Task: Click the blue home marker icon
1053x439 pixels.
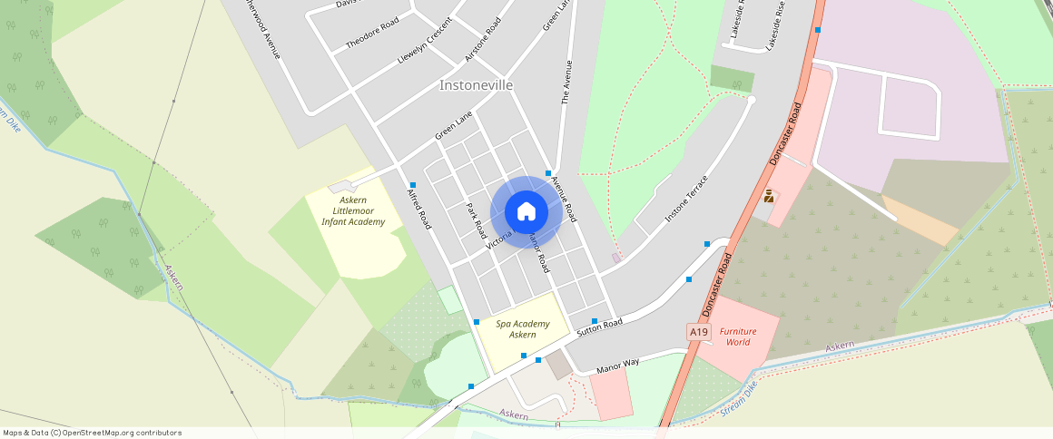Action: tap(526, 212)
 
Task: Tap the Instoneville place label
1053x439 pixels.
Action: tap(476, 85)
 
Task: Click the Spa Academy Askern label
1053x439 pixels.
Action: tap(523, 329)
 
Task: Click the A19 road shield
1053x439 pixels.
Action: tap(698, 333)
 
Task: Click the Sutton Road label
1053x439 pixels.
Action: tap(600, 328)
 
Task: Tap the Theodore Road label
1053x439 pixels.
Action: tap(372, 34)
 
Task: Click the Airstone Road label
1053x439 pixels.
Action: tap(483, 39)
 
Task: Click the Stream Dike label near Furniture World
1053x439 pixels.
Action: tap(739, 399)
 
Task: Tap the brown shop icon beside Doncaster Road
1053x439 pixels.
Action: tap(769, 196)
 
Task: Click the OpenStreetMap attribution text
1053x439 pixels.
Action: tap(92, 433)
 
